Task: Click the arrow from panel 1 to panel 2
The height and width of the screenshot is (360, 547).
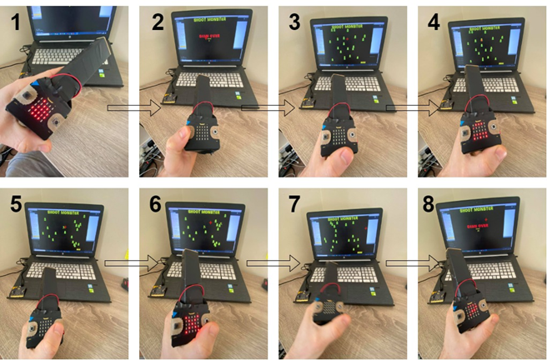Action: (133, 107)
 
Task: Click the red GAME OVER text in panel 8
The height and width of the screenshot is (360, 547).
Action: (479, 225)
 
